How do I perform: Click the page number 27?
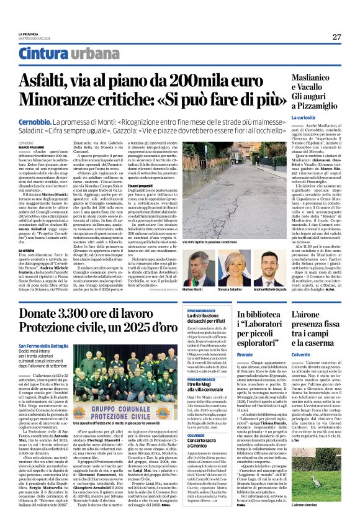pyautogui.click(x=336, y=37)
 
